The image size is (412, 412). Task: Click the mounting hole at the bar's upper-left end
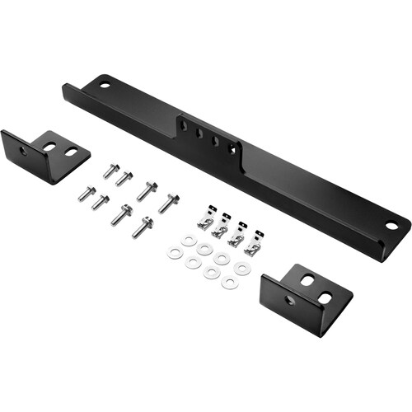pos(105,82)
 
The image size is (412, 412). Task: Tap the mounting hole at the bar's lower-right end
pos(392,224)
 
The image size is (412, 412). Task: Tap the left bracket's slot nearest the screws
pos(71,152)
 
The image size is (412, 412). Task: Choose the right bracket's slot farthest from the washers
pos(325,297)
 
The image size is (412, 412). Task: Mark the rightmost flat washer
pos(241,269)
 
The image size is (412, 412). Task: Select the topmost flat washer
pos(190,241)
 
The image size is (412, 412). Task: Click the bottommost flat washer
pos(228,283)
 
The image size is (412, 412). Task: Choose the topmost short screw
pos(109,171)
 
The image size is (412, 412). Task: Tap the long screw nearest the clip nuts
pos(168,202)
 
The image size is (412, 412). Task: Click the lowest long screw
pos(142,226)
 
